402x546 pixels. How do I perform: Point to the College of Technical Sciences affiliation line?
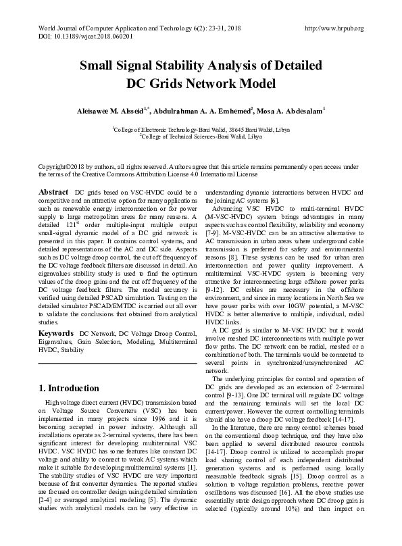click(x=201, y=135)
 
